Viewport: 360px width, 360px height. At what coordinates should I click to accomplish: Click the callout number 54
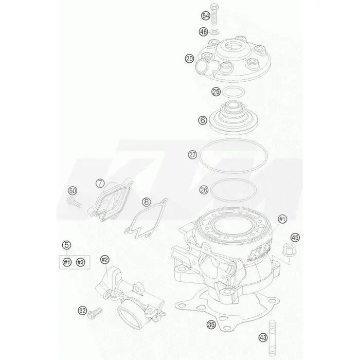coord(206,16)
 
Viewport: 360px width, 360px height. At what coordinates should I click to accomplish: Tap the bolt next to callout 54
coord(214,14)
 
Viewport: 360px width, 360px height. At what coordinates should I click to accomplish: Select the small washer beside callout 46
coord(214,31)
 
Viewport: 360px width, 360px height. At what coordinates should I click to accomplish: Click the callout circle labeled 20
coord(189,59)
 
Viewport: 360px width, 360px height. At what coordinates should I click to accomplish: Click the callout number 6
coord(203,120)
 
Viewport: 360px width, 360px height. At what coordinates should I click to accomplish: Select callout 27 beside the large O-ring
coord(192,155)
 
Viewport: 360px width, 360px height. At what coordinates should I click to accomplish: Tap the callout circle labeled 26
coord(204,190)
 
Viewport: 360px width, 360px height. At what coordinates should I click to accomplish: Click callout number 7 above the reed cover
coord(100,184)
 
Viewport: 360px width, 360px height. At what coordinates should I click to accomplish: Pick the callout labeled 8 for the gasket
coord(146,202)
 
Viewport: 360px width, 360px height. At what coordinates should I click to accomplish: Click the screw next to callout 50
coord(74,202)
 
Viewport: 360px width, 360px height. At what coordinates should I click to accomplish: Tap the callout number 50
coord(73,191)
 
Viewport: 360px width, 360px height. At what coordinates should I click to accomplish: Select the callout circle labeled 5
coord(66,245)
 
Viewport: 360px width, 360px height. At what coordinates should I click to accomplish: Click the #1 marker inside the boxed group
coord(67,262)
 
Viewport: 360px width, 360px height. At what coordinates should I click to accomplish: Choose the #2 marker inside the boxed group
coord(80,262)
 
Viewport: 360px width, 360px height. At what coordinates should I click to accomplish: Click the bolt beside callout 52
coord(95,313)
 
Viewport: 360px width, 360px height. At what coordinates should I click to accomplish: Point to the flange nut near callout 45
coord(289,249)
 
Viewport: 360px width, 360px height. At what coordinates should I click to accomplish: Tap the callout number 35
coord(211,325)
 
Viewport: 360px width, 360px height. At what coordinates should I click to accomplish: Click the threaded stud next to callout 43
coord(272,338)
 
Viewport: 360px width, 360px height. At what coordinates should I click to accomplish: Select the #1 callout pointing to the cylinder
coord(282,219)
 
